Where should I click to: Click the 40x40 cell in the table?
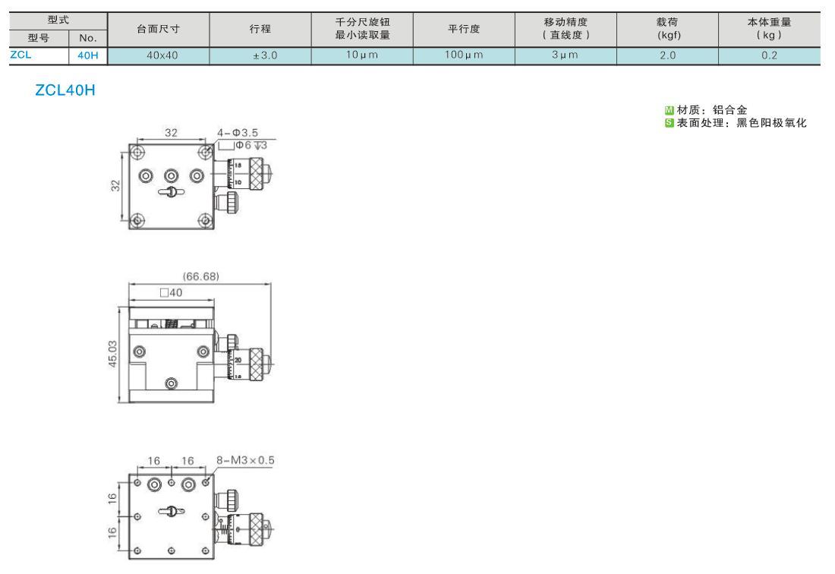162,55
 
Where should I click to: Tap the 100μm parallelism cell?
464,55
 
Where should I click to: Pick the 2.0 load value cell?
667,55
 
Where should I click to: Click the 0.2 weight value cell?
769,55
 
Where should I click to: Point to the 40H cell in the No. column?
88,55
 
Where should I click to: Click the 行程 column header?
260,30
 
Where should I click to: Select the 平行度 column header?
464,30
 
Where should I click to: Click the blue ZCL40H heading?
65,90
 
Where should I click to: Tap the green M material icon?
670,110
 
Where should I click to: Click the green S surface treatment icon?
670,123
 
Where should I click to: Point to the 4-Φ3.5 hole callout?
238,133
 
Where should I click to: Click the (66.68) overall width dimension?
200,276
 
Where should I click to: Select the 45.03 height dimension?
112,354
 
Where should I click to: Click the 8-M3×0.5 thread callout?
245,460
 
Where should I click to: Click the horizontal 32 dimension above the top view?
171,133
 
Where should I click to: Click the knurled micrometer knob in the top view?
256,172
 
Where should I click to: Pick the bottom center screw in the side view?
172,383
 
